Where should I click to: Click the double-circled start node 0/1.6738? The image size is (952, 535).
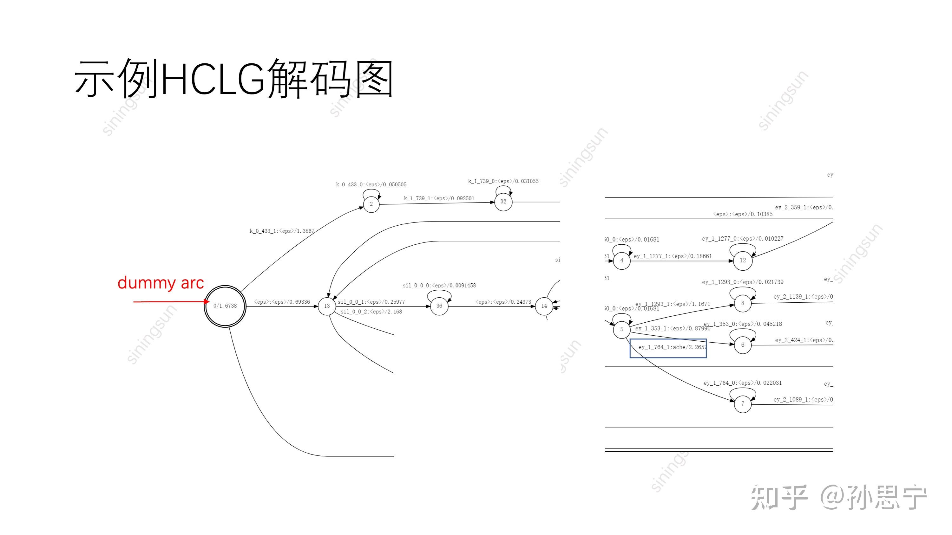pos(225,306)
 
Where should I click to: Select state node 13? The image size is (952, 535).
pos(327,306)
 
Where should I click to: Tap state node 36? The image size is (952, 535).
pos(439,306)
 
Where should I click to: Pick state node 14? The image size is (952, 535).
pos(544,306)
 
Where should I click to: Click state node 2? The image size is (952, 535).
pos(371,204)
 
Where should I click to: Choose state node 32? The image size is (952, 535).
pos(503,202)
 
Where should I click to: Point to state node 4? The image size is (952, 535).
pos(622,261)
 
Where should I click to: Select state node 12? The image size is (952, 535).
pos(742,261)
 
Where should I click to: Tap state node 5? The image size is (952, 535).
pos(622,329)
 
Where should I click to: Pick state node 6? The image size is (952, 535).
pos(742,345)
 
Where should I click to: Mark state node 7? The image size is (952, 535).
pos(742,404)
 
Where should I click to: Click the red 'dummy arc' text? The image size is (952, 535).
pos(161,283)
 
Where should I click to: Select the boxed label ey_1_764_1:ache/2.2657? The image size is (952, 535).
pos(668,348)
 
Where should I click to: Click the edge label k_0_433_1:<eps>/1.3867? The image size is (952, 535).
pos(282,231)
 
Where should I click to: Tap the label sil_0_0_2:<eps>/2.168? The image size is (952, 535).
pos(371,312)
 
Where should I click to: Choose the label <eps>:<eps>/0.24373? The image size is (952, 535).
pos(503,302)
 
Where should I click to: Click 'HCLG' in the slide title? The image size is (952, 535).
pos(213,79)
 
